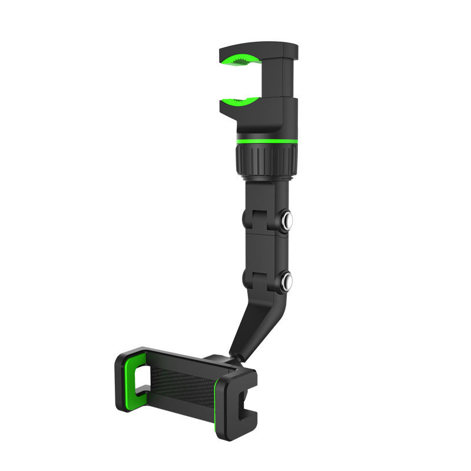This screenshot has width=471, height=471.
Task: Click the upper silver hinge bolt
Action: (x=288, y=221)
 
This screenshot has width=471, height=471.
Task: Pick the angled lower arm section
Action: (x=250, y=321)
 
